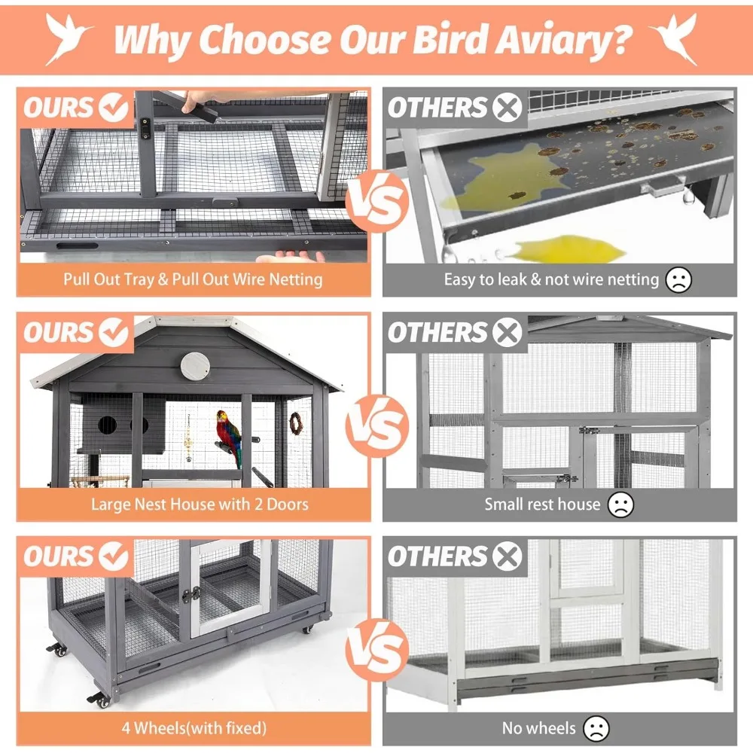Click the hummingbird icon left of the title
tap(69, 38)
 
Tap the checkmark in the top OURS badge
tap(114, 108)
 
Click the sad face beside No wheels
tap(596, 728)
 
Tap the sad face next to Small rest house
tap(620, 504)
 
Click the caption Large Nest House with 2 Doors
tap(200, 504)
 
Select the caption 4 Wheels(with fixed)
tap(194, 728)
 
